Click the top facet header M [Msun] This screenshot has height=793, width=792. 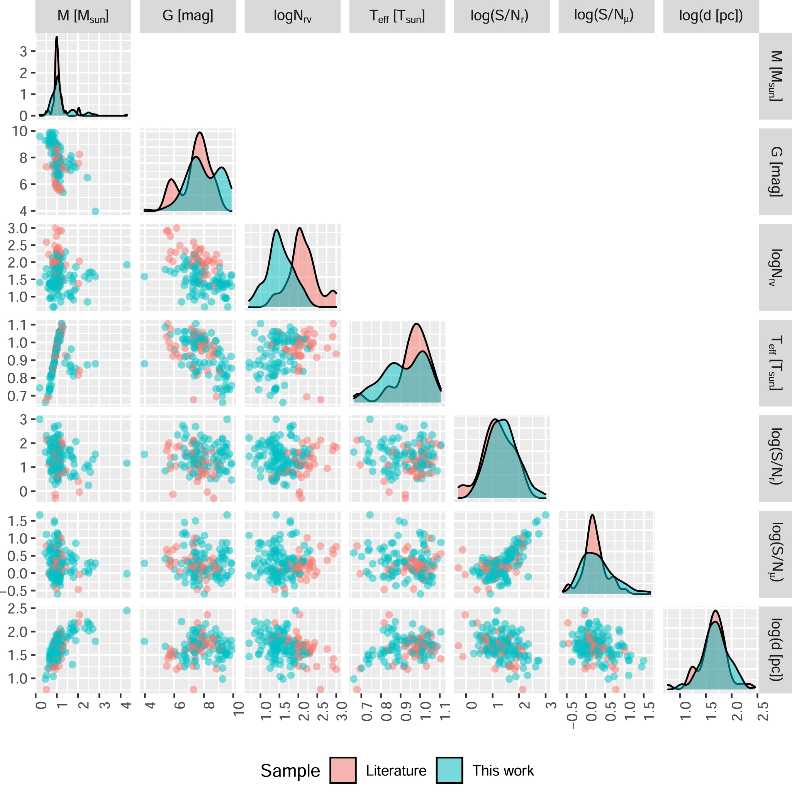point(83,16)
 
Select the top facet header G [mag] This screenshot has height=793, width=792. point(188,16)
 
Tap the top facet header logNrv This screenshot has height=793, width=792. point(292,16)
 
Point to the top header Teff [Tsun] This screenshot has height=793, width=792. point(397,16)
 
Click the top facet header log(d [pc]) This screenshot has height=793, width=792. point(711,16)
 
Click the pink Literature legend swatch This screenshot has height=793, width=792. point(343,771)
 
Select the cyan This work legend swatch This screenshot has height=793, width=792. point(449,771)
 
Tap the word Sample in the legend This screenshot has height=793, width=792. point(290,771)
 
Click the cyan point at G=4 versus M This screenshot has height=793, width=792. point(95,211)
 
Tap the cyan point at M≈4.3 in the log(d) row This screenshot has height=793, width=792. point(126,610)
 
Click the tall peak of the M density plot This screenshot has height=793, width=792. point(57,37)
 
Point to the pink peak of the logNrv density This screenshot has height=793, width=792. point(300,228)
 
